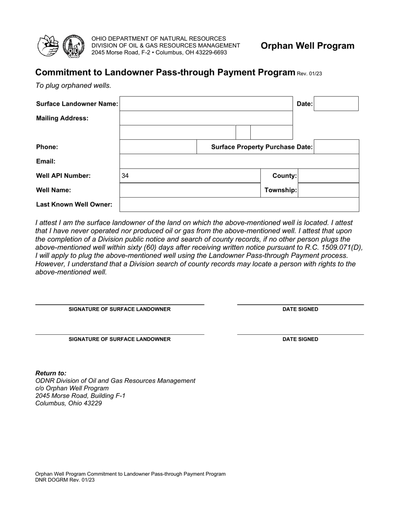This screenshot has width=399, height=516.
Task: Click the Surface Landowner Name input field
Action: [206, 104]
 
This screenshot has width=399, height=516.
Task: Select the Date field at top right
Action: [336, 104]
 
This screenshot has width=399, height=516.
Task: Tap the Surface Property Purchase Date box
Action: [336, 147]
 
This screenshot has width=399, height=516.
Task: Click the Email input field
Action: [239, 161]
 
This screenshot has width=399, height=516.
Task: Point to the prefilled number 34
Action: [125, 176]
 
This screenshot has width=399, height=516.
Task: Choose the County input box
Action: [328, 176]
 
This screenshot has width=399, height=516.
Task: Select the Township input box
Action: [328, 190]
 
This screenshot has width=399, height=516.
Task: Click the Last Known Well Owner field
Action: [239, 205]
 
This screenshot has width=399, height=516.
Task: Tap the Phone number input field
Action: [158, 147]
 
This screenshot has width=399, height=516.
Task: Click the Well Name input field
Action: [190, 190]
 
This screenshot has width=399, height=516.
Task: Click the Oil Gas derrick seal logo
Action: [73, 46]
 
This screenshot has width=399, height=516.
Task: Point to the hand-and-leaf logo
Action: [48, 46]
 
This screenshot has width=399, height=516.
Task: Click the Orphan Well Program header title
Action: [307, 46]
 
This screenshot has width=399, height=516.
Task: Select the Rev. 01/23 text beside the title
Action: [309, 74]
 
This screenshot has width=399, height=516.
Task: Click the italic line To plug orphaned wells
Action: [73, 86]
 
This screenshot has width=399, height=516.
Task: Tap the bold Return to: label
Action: [51, 373]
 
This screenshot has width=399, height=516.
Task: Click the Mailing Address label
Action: [62, 118]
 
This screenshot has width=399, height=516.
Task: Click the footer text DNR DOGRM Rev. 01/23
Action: [65, 480]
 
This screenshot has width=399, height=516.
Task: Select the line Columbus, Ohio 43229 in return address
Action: [68, 403]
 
